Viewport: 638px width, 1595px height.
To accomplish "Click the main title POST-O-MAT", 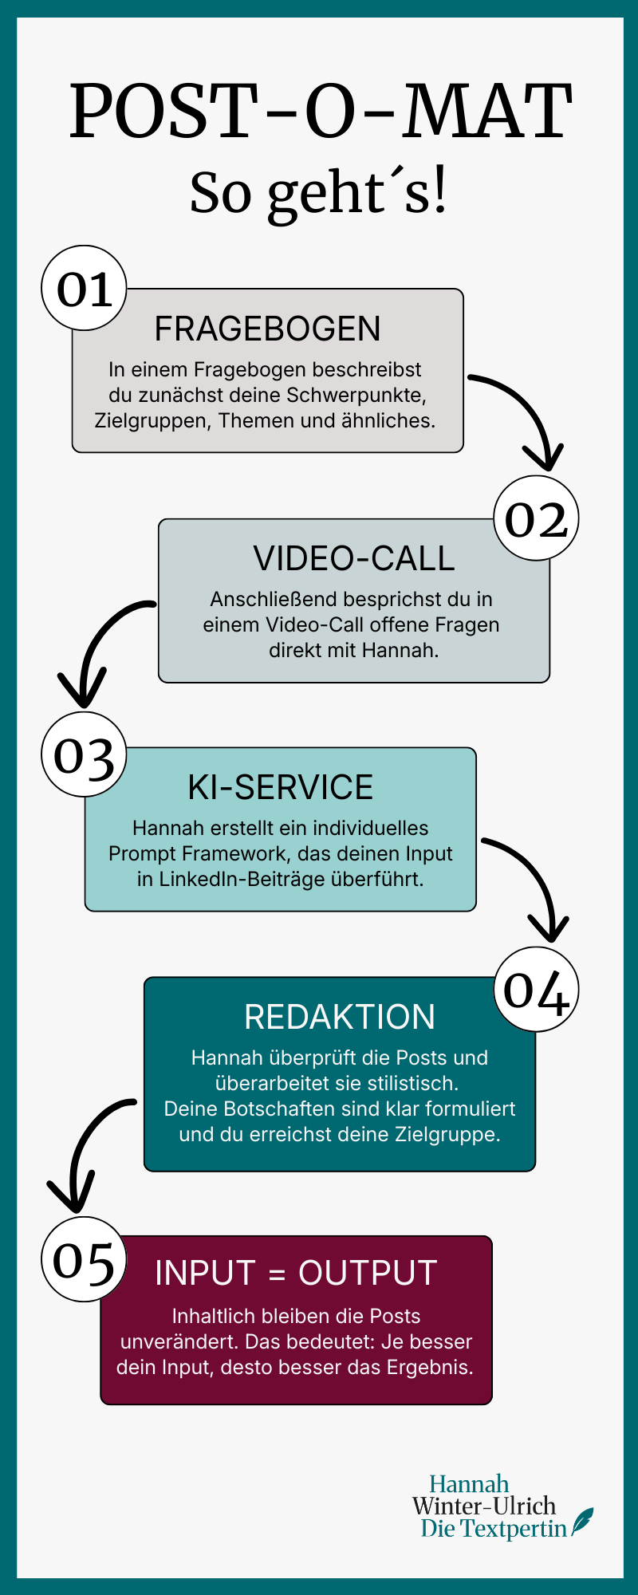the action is click(x=320, y=111).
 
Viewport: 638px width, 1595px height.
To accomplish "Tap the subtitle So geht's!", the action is click(x=318, y=193).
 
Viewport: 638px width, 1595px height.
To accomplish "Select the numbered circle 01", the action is click(x=84, y=288).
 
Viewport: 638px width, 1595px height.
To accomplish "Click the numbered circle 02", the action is click(x=536, y=518).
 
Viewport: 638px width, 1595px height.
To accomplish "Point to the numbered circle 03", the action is click(x=84, y=754).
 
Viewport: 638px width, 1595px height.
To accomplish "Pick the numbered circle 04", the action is click(x=536, y=989).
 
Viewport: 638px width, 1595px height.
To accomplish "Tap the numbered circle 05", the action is click(x=84, y=1260).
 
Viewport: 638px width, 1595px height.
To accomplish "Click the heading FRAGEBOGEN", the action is click(x=267, y=329).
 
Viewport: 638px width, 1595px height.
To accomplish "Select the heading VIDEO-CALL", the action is click(x=353, y=558).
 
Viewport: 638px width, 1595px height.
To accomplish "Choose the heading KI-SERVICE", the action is click(x=280, y=787).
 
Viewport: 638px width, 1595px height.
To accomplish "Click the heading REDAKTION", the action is click(x=340, y=1017).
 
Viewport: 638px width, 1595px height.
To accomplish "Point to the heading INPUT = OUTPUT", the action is click(x=296, y=1273).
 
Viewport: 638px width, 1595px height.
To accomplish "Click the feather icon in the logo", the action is click(x=584, y=1521).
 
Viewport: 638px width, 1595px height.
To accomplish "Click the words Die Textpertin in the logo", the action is click(x=494, y=1528).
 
